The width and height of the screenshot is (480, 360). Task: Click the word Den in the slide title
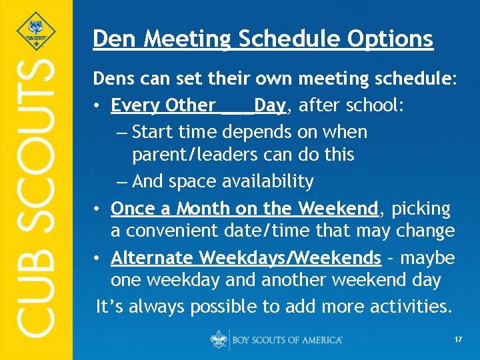[110, 39]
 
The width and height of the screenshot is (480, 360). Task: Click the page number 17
[458, 339]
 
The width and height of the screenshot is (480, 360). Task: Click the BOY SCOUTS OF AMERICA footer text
[287, 340]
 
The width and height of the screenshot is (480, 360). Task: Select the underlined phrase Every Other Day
[198, 106]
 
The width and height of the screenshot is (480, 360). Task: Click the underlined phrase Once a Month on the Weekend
[244, 209]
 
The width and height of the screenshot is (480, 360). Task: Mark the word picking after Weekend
[421, 209]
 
